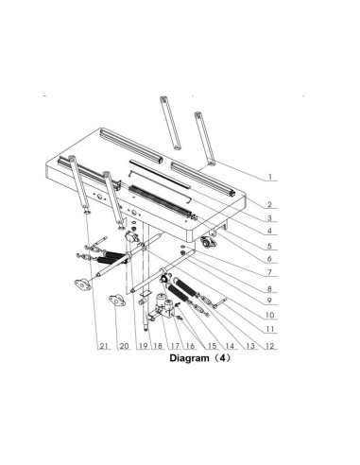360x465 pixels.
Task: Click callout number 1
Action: [x=269, y=177]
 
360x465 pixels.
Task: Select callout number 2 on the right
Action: [x=269, y=204]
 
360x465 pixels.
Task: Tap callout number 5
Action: [x=269, y=246]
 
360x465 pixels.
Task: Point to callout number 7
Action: [x=269, y=272]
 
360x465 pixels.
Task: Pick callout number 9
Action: [x=269, y=301]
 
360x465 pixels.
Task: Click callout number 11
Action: [x=269, y=329]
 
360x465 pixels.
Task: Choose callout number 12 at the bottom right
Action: [x=270, y=346]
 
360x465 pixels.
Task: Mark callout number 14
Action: [x=230, y=346]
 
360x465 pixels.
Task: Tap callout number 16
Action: [x=190, y=346]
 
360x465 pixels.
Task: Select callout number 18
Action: [x=158, y=346]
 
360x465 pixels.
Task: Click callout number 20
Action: [x=124, y=346]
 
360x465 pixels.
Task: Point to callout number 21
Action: [x=104, y=346]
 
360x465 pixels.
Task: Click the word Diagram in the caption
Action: [x=189, y=358]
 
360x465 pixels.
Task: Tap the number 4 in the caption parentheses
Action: [x=223, y=358]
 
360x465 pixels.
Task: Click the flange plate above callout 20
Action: [x=117, y=300]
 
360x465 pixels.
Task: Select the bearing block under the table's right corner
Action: [x=208, y=243]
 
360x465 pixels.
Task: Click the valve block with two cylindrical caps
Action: [x=164, y=306]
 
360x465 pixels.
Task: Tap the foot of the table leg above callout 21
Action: [x=87, y=211]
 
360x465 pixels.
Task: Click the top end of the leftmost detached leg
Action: [x=163, y=98]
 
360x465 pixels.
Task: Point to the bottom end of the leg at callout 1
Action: [x=211, y=164]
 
